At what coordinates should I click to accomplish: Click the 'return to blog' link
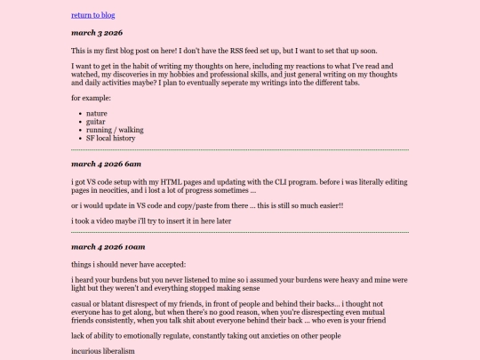(92, 15)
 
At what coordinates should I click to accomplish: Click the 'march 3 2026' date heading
(97, 33)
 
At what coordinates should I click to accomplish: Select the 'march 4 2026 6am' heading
(107, 164)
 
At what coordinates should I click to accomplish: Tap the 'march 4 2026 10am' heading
(108, 246)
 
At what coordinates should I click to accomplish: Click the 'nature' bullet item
(97, 114)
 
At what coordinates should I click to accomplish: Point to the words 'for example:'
(90, 97)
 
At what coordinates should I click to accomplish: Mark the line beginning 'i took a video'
(151, 221)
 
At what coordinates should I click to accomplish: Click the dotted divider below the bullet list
(240, 149)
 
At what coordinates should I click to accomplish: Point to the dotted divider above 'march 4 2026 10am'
(240, 232)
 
